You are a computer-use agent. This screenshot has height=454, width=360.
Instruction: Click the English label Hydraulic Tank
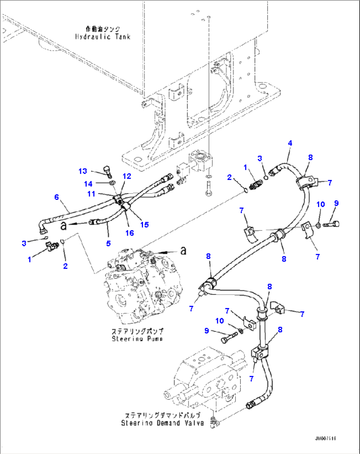click(x=103, y=37)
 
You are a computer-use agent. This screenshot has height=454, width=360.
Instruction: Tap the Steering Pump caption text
click(x=137, y=338)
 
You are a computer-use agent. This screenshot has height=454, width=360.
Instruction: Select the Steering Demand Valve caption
click(x=162, y=423)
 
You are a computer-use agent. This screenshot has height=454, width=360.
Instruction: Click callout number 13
click(x=83, y=171)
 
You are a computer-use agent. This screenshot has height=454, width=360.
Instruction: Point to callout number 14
click(x=88, y=184)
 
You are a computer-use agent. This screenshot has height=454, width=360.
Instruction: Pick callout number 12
click(x=127, y=176)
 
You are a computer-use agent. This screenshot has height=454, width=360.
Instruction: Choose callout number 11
click(x=91, y=194)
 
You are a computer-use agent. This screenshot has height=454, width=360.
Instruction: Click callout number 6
click(x=56, y=197)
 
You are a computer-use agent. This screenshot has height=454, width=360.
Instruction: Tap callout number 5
click(x=108, y=243)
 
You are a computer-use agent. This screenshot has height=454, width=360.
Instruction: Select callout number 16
click(x=129, y=233)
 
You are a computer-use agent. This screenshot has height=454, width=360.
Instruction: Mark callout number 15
click(x=145, y=225)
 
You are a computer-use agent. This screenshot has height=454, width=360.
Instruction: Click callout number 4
click(x=290, y=143)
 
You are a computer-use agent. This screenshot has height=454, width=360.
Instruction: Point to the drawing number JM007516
click(x=325, y=438)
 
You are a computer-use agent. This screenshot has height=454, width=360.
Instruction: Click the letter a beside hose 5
click(x=64, y=226)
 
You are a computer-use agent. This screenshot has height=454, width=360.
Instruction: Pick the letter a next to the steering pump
click(x=183, y=251)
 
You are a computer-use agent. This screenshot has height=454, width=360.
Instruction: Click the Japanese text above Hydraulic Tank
click(x=103, y=29)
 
